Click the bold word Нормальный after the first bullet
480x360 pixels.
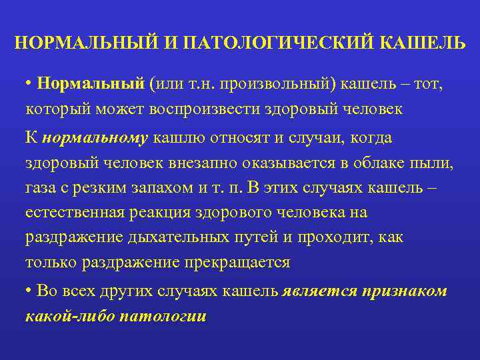tap(91, 85)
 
